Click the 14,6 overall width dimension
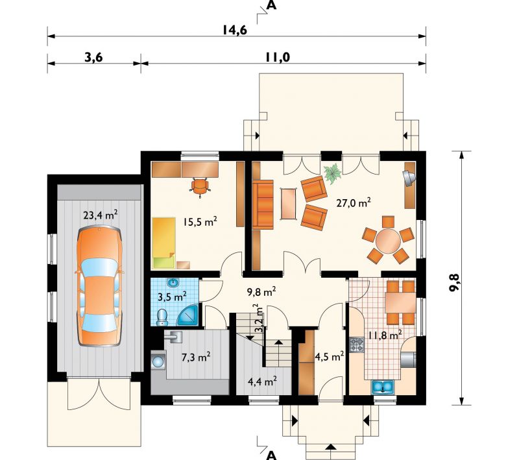pos(235,30)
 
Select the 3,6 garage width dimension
pos(93,57)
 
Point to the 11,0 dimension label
pos(277,57)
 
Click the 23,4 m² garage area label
pos(101,215)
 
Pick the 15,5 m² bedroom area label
pos(200,221)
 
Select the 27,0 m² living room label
pos(354,202)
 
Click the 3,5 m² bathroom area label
pos(172,297)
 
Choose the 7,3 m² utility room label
pos(196,357)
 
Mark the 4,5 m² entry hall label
pos(330,357)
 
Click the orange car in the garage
pos(99,286)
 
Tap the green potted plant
pos(332,173)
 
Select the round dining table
pos(388,240)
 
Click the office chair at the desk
pos(200,187)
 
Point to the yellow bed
pos(163,243)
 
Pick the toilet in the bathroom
pos(162,317)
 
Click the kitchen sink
pos(383,387)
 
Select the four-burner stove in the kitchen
pos(357,345)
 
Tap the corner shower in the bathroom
pos(188,315)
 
